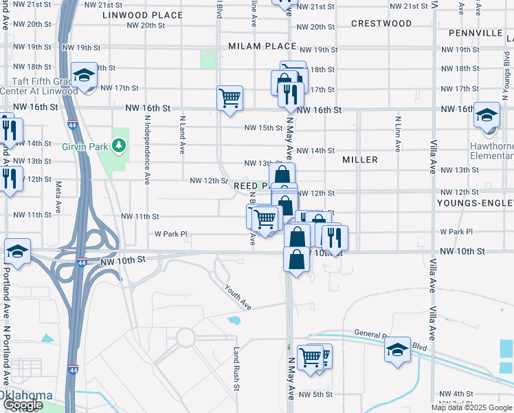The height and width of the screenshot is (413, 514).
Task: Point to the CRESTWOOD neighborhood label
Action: (381, 23)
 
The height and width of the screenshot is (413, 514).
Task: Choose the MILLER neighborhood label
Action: (360, 160)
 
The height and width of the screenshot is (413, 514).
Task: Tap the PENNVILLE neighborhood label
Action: (476, 33)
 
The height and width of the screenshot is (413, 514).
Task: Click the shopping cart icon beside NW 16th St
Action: (230, 97)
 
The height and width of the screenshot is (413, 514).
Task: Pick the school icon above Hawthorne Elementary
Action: (487, 115)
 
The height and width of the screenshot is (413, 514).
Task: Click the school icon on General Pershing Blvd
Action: (397, 349)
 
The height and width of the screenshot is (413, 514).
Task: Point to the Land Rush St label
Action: (236, 368)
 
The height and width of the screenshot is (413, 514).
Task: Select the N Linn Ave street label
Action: (397, 134)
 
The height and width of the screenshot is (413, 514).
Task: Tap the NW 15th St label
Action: (264, 128)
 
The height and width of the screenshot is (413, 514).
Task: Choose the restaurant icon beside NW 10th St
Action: (334, 237)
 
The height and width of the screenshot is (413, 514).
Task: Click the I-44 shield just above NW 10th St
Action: (82, 262)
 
